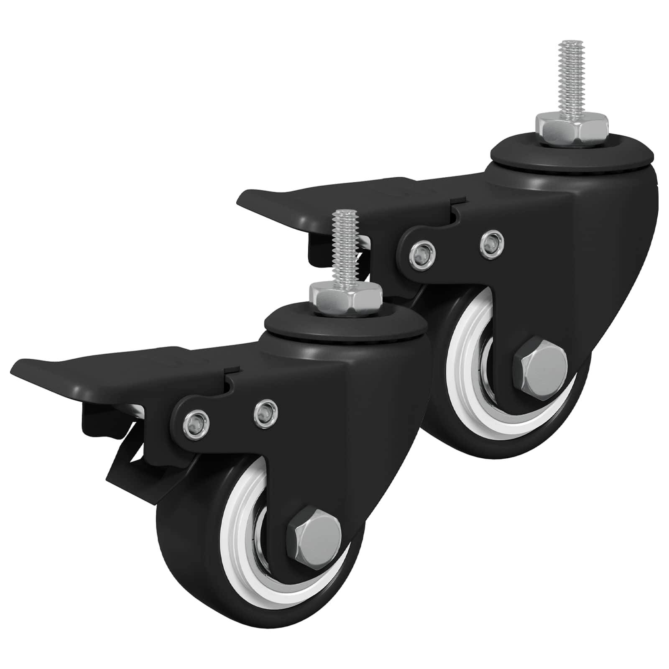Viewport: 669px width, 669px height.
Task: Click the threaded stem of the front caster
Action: click(x=344, y=247)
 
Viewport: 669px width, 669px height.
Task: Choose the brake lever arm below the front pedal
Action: click(x=125, y=468)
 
